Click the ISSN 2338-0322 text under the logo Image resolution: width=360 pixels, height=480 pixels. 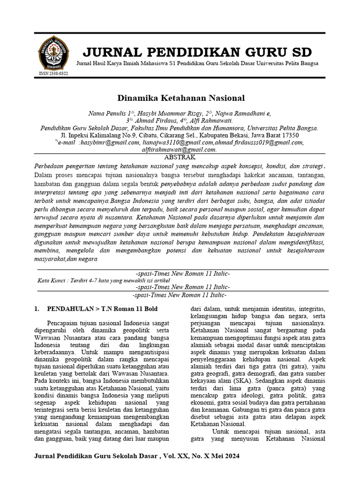click(x=53, y=74)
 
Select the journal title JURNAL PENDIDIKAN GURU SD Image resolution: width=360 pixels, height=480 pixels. click(x=197, y=52)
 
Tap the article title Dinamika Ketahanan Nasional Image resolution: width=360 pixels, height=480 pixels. click(x=180, y=98)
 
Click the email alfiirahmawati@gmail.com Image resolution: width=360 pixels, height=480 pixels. click(x=179, y=150)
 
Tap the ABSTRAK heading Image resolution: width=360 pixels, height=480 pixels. click(x=180, y=157)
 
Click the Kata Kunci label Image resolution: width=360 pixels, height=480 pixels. click(x=52, y=280)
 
